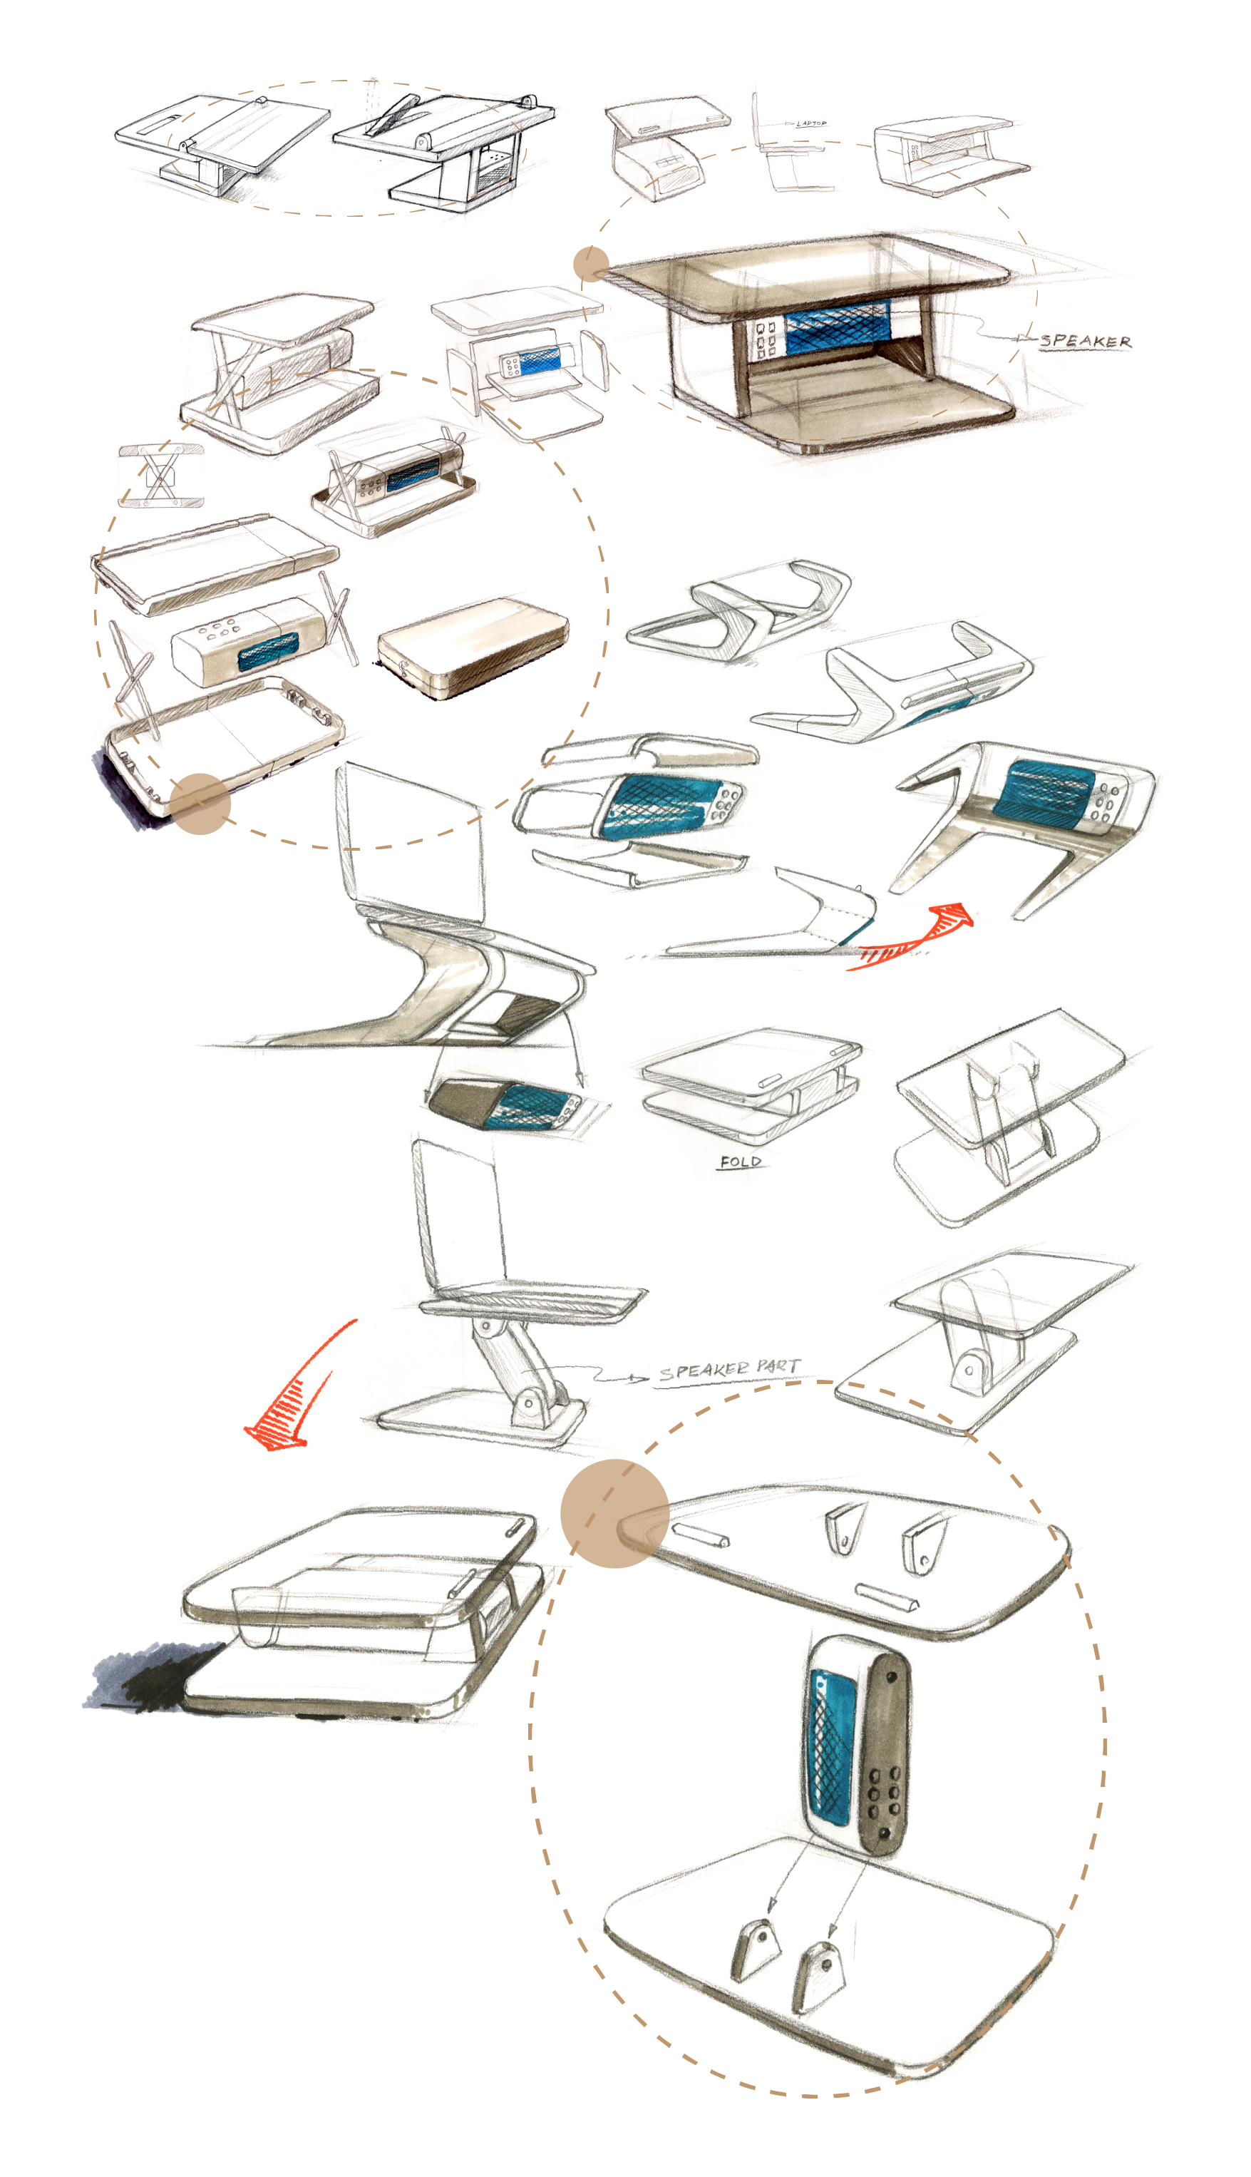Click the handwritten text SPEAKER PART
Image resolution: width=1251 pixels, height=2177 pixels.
tap(729, 1370)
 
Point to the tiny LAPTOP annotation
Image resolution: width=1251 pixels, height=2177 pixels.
tap(810, 124)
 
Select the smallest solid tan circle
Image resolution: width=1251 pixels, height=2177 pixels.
tap(591, 264)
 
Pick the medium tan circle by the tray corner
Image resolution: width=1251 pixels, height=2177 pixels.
tap(200, 804)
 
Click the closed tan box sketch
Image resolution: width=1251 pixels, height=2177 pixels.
tap(473, 646)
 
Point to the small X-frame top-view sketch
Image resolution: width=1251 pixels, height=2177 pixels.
tap(160, 476)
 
